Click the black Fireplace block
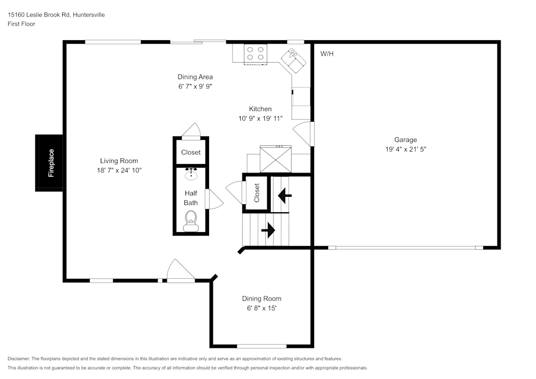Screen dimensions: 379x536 (50, 162)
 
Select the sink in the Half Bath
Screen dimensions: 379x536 (191, 174)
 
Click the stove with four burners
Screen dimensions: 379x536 (256, 53)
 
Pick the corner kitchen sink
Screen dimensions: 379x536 (294, 58)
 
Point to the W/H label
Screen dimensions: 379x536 (327, 54)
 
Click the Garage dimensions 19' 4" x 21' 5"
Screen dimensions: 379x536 (406, 150)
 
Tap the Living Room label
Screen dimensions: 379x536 (119, 161)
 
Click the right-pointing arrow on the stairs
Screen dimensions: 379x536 (267, 231)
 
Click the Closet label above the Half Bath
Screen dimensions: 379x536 (191, 152)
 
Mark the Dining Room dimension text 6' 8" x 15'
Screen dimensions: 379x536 (262, 308)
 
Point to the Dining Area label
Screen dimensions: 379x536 (195, 77)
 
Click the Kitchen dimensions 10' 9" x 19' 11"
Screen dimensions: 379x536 (260, 118)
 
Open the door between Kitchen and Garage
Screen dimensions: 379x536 (305, 134)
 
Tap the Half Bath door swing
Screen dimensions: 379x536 (215, 199)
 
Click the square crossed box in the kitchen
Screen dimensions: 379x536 (276, 159)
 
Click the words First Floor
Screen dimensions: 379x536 (21, 24)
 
